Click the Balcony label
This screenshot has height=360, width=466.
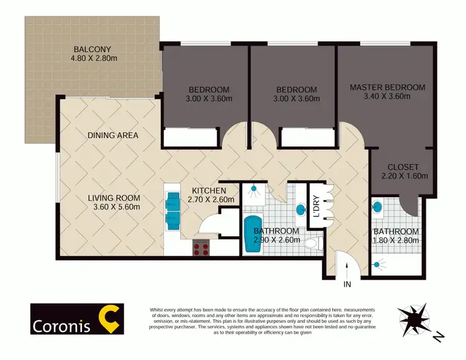point(92,49)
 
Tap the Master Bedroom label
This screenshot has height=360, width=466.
point(387,87)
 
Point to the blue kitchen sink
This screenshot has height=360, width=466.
point(172,208)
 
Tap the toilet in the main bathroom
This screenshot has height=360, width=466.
point(315,241)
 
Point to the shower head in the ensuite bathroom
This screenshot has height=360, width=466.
point(377,265)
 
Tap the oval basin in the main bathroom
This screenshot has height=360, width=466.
point(301,209)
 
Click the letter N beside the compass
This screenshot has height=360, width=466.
point(438,337)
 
